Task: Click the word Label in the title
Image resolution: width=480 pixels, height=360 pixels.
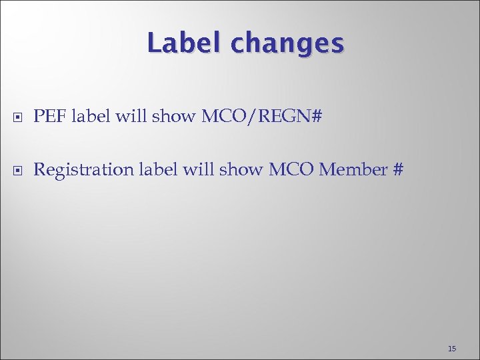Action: coord(185,43)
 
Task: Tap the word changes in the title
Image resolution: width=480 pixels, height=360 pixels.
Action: coord(287,45)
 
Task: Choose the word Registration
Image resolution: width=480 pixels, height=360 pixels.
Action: coord(83,170)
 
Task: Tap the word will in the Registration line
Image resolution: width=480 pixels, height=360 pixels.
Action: coord(198,170)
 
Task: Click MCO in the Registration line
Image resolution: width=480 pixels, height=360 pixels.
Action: coord(292,170)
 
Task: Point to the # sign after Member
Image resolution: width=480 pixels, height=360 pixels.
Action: coord(398,170)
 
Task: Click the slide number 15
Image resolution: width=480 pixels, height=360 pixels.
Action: coord(452,349)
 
